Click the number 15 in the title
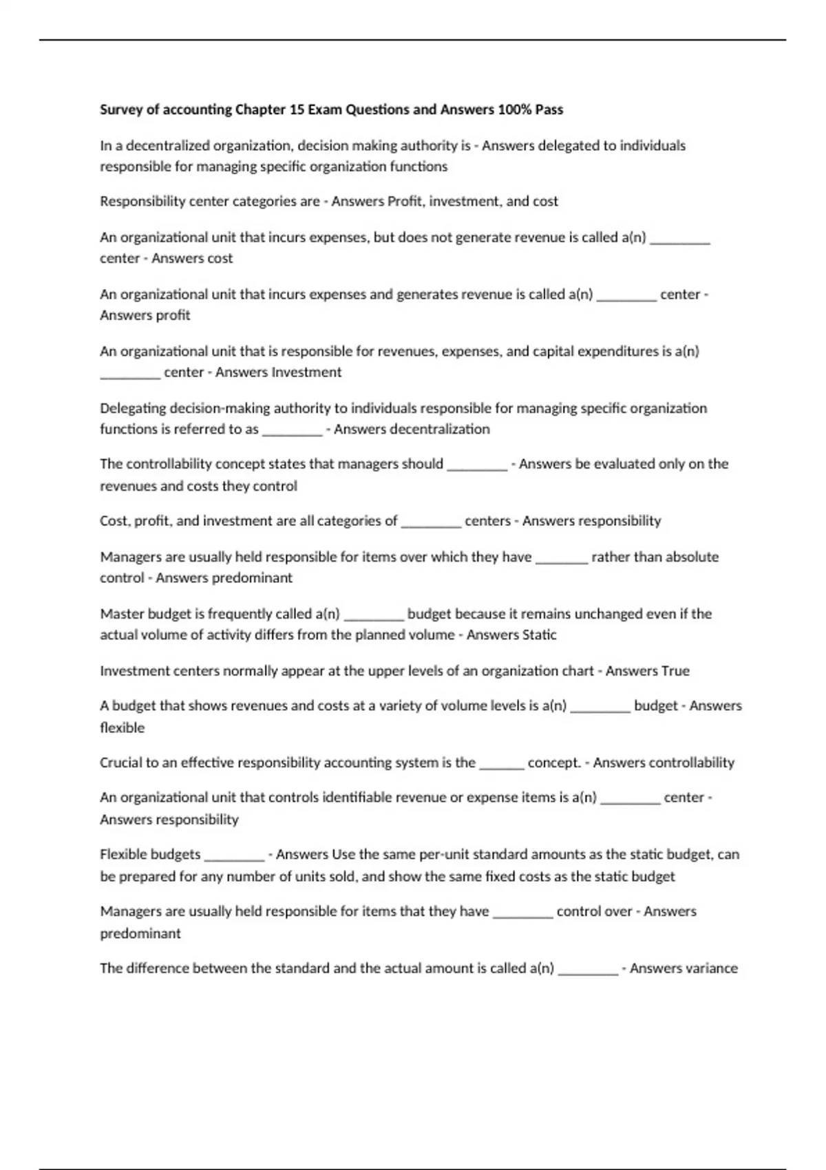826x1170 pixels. coord(297,109)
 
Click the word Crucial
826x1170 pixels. coord(121,763)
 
